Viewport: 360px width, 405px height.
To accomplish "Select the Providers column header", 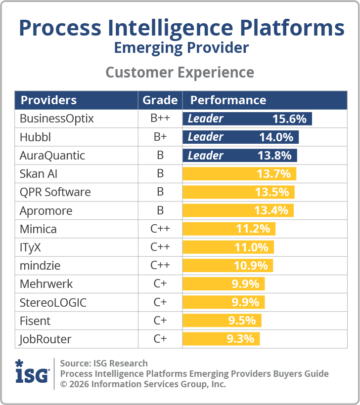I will pos(48,100).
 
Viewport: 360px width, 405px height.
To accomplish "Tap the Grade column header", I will pos(160,100).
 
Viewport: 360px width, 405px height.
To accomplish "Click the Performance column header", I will pos(228,100).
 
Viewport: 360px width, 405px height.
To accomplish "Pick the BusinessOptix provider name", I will pos(56,119).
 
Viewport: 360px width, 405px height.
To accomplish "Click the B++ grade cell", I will pos(160,119).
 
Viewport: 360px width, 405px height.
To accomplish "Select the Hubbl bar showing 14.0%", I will pos(240,137).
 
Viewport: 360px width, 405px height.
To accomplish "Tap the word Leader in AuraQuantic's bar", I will pos(205,155).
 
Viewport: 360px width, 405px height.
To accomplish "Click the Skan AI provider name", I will pos(42,174).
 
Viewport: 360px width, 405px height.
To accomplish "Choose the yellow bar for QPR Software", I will pos(238,192).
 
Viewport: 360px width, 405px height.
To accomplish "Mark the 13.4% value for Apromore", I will pos(271,210).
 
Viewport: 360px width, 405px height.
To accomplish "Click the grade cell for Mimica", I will pos(160,229).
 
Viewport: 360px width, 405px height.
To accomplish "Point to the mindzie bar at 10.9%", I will pos(227,265).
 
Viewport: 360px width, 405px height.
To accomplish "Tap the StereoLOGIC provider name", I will pos(53,302).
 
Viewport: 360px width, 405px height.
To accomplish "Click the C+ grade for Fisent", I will pos(160,321).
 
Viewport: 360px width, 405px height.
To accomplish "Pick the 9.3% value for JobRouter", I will pos(240,339).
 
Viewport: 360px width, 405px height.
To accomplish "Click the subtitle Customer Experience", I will pos(180,72).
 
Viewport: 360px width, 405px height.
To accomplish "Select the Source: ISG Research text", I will pos(104,364).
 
